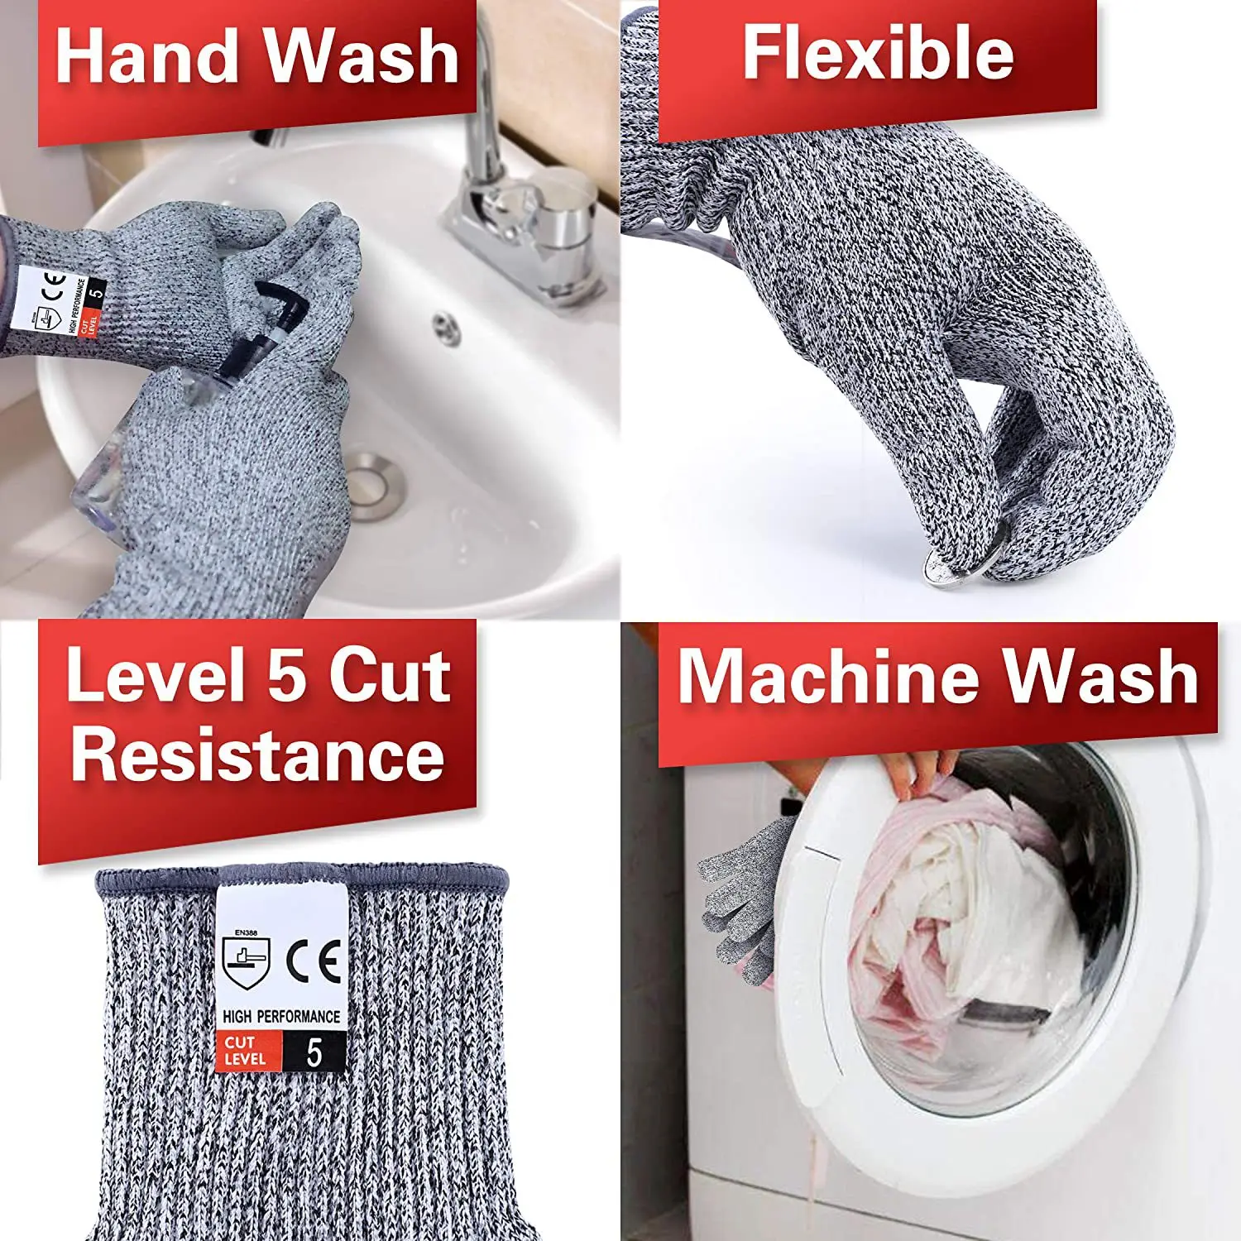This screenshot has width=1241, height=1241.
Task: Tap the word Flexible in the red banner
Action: coord(877,53)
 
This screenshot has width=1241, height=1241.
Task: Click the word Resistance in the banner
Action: coord(257,755)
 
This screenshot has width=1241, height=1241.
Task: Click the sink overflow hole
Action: coord(448,328)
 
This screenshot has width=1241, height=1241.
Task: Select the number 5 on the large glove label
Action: coord(314,1053)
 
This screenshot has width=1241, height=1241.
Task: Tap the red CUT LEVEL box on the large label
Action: coord(246,1051)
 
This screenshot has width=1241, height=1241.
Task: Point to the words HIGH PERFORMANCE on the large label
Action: coord(280,1016)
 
